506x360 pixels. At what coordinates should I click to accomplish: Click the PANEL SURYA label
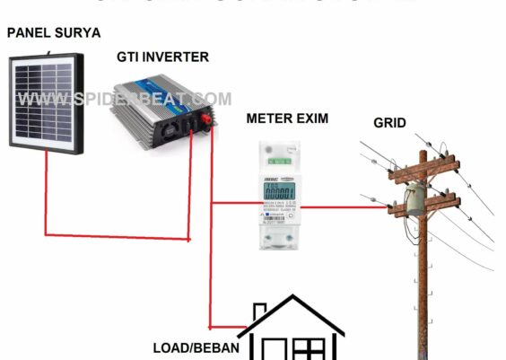pos(54,33)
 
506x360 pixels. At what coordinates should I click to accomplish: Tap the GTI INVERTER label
pos(162,57)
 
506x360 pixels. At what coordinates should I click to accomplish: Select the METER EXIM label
pos(287,118)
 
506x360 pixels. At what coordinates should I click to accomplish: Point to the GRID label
pos(390,122)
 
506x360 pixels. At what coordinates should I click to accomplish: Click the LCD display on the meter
pos(284,192)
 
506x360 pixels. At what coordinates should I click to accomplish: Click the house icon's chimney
pos(259,312)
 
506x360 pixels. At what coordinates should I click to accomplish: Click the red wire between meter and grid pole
pos(345,207)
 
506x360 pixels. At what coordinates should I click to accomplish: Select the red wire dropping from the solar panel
pos(47,193)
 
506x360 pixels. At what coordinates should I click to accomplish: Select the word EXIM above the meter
pos(310,118)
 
